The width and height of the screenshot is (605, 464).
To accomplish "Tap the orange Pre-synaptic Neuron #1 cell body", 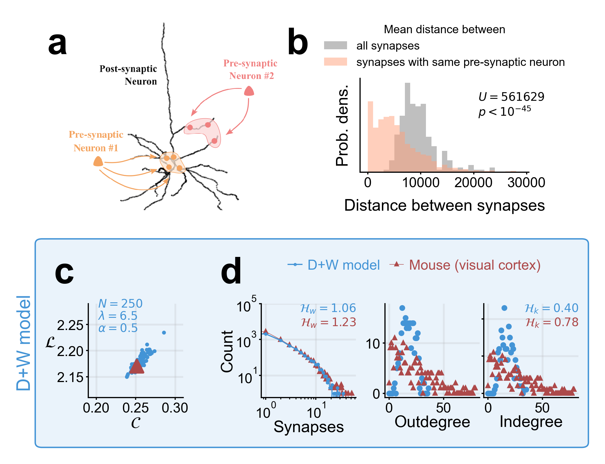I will tap(98, 161).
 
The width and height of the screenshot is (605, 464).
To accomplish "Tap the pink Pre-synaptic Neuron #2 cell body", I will tap(249, 91).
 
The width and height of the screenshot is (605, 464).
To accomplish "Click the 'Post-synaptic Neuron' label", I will tap(128, 75).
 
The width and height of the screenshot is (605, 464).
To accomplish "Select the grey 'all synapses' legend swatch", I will tap(335, 45).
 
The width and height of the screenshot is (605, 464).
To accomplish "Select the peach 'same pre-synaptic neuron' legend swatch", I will tap(335, 62).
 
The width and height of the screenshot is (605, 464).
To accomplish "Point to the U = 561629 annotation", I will tap(511, 97).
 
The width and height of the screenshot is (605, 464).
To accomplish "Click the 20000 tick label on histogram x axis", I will tap(473, 183).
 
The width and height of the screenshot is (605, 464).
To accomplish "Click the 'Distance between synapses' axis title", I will tap(444, 206).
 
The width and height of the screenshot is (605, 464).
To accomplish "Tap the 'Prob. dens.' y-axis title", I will tap(342, 126).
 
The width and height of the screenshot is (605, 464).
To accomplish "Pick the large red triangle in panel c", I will tap(137, 366).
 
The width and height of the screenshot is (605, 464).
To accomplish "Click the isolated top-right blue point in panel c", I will tap(164, 332).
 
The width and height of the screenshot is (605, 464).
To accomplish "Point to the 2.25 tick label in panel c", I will tap(70, 325).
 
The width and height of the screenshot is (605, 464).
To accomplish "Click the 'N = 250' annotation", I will tap(120, 304).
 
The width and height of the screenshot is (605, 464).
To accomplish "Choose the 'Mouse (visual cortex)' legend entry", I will tap(475, 265).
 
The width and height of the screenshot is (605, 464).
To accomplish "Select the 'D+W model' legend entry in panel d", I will tap(343, 265).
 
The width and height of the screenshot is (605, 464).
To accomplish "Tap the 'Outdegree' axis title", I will tap(432, 422).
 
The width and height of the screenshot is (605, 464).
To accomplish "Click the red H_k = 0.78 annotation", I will tap(552, 322).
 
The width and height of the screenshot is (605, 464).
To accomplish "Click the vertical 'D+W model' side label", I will tap(24, 343).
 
